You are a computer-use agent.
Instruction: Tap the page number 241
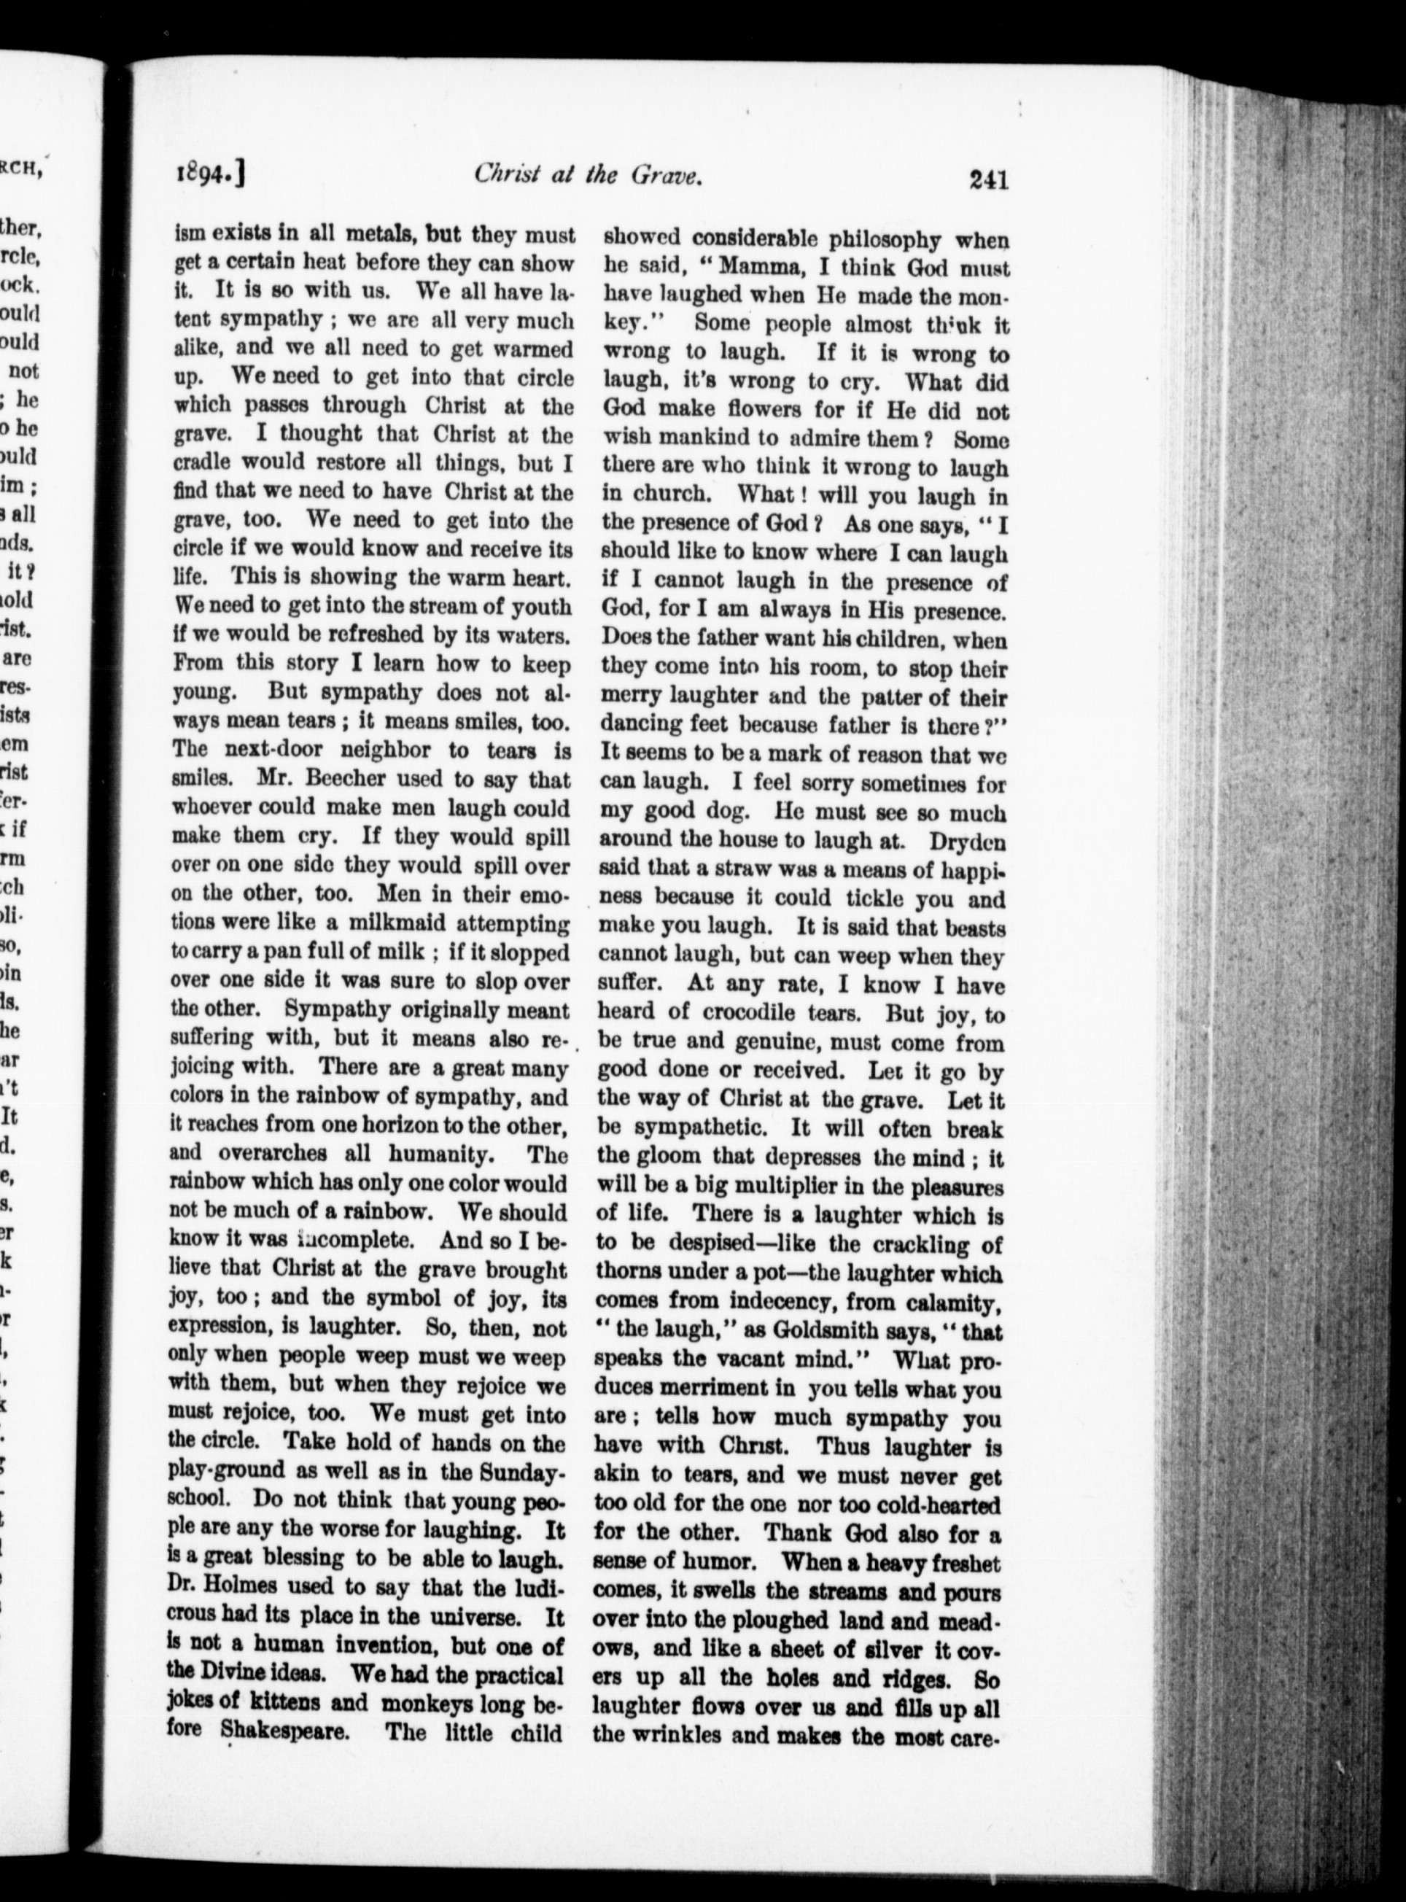pyautogui.click(x=987, y=180)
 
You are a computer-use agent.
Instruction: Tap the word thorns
pyautogui.click(x=632, y=1273)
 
